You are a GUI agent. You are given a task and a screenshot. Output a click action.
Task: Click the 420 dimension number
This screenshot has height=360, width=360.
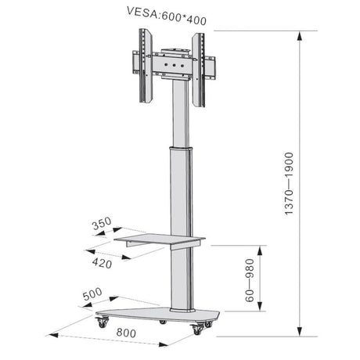[102, 264]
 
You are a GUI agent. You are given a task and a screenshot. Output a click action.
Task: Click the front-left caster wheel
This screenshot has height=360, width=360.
[102, 321]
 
